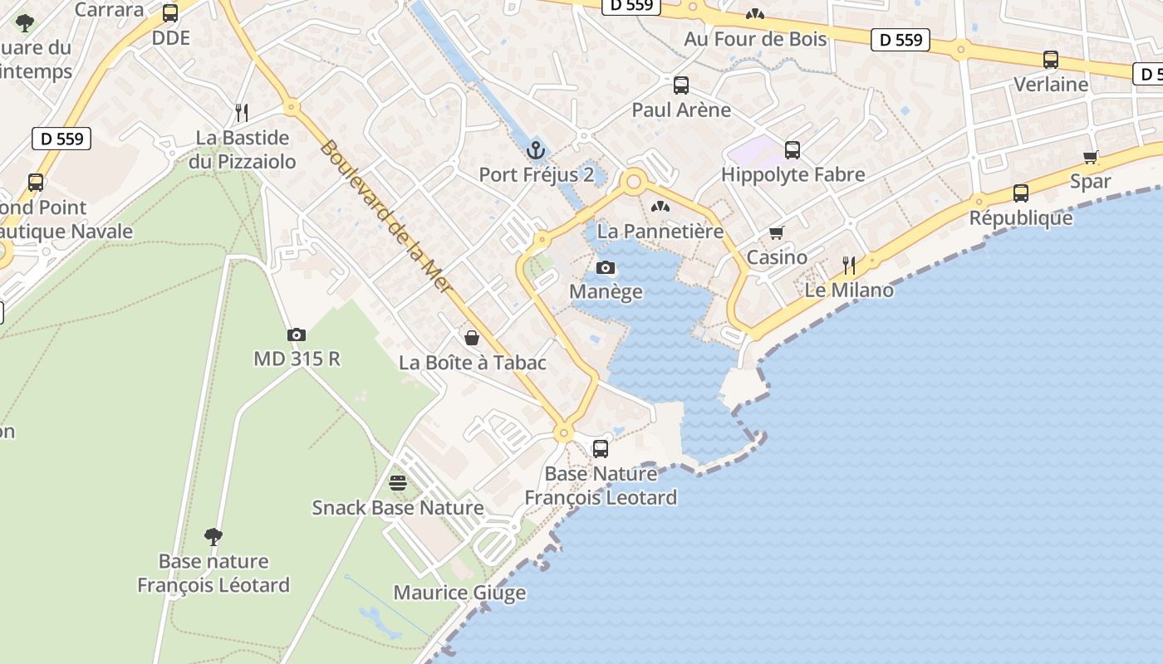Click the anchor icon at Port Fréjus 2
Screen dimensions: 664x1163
pos(536,150)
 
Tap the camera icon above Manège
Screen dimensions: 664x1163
pos(606,267)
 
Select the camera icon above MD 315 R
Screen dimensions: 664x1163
pos(297,334)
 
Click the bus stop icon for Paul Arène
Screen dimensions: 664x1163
pos(681,85)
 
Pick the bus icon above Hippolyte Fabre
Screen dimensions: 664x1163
pos(793,150)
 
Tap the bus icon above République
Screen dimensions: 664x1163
pos(1021,193)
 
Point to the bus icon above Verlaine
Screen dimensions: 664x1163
pos(1051,60)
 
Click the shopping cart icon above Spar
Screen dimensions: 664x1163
pos(1091,157)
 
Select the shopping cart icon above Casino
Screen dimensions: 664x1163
pos(777,232)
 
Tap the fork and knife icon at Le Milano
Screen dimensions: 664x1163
pos(849,266)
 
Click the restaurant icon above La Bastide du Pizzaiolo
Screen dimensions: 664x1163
pos(242,112)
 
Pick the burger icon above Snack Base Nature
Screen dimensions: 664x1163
pos(398,483)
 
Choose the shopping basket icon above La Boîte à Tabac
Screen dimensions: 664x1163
pos(472,338)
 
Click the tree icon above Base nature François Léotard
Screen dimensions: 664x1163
pos(213,536)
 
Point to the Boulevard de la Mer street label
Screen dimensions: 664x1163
pos(385,216)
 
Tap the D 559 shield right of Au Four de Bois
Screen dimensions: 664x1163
pos(900,39)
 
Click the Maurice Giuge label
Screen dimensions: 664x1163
pos(459,593)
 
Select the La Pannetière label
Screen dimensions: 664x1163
pos(660,231)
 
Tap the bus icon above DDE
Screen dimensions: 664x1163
pos(170,13)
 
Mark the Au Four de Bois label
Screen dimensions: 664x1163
pos(755,39)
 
